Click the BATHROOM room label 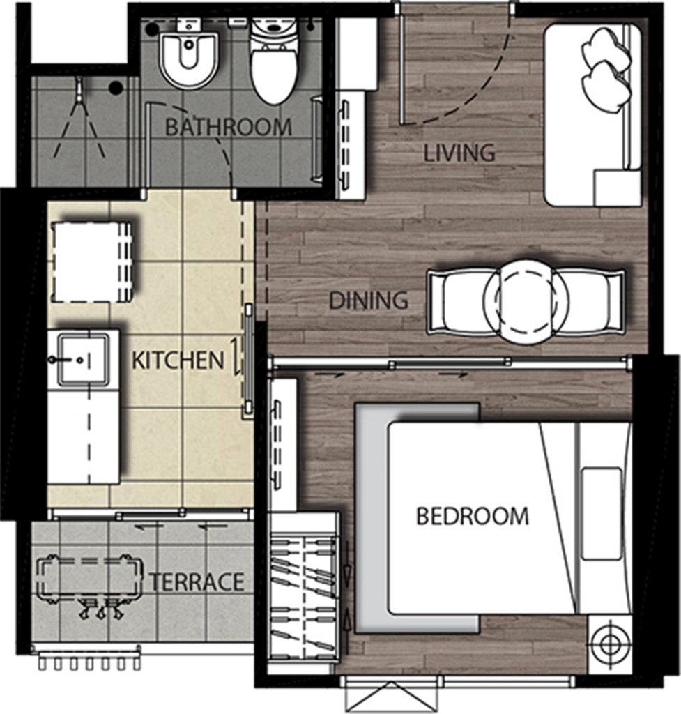coord(228,128)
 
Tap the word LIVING coord(459,153)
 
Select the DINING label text coord(368,301)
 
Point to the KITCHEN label coord(178,360)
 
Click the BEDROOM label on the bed coord(472,517)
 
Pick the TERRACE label coord(197,582)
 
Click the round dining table coord(526,302)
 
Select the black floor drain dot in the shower coord(116,87)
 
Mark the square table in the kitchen coord(92,261)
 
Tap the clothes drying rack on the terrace coord(91,579)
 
